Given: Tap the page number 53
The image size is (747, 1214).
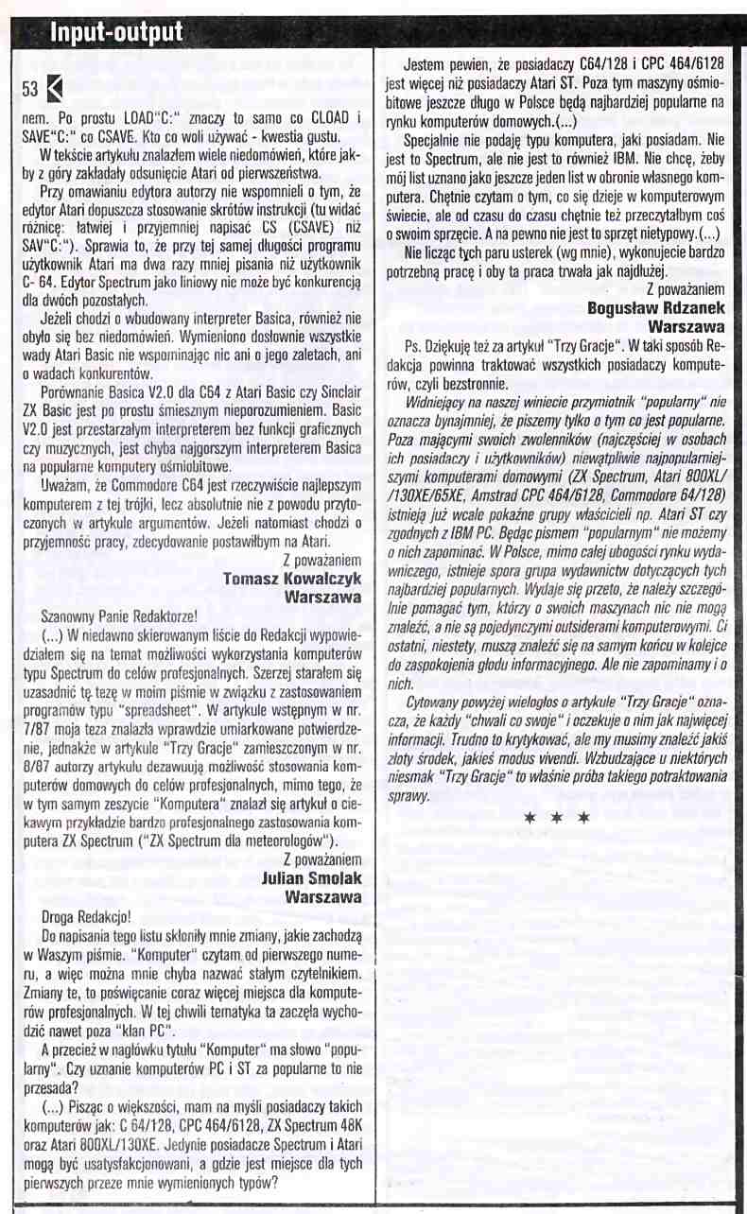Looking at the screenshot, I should tap(29, 90).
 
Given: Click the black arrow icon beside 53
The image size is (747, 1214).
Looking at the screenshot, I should tap(53, 90).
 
